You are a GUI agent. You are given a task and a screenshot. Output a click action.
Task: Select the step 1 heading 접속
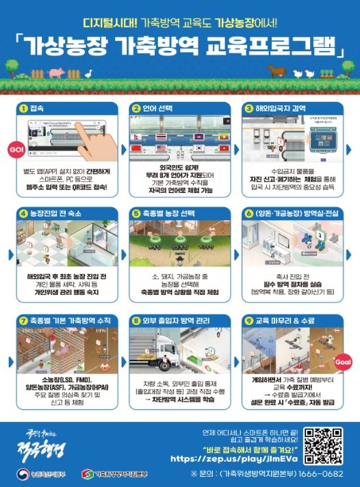click(x=38, y=108)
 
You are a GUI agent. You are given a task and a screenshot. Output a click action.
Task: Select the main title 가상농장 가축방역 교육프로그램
click(x=179, y=46)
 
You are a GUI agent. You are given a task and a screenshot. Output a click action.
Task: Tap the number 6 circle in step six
click(x=248, y=213)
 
